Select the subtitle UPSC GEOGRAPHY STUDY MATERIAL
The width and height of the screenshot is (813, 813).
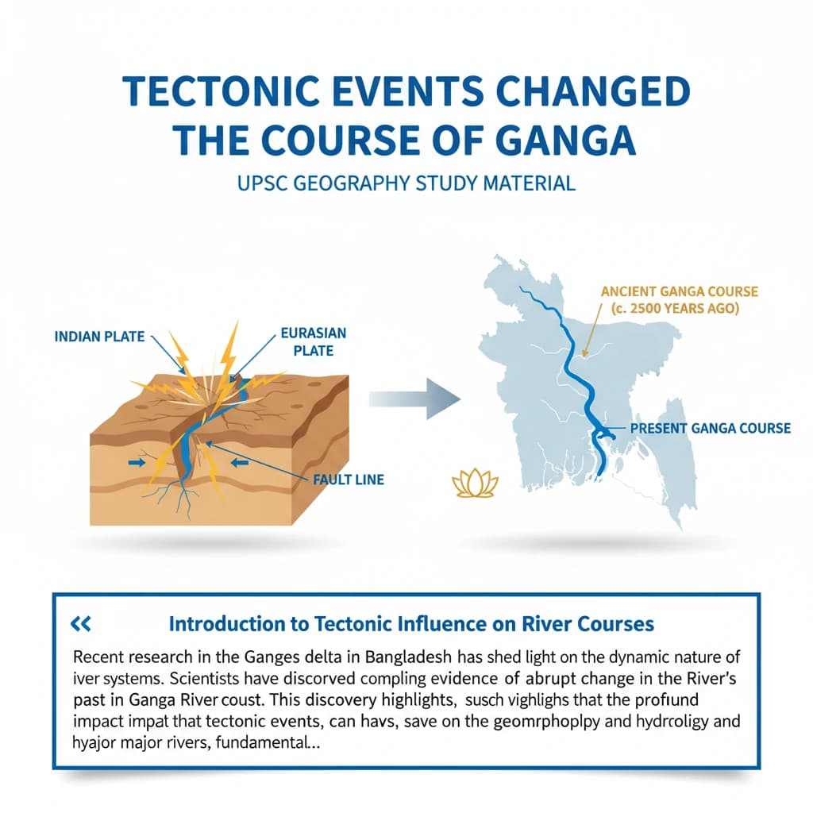pyautogui.click(x=406, y=183)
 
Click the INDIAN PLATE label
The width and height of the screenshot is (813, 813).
pyautogui.click(x=99, y=337)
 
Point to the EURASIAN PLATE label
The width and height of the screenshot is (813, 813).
pyautogui.click(x=313, y=341)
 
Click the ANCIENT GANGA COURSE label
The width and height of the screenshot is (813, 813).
pyautogui.click(x=680, y=292)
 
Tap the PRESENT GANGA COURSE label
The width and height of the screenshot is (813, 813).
pyautogui.click(x=711, y=428)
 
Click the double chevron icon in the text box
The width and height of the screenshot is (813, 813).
pyautogui.click(x=81, y=624)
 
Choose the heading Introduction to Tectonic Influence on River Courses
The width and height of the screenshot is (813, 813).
pyautogui.click(x=411, y=624)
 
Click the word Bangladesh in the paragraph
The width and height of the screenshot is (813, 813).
pyautogui.click(x=395, y=657)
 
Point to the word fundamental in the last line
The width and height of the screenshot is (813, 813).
pyautogui.click(x=273, y=745)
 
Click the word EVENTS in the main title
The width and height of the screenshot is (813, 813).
pyautogui.click(x=414, y=94)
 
